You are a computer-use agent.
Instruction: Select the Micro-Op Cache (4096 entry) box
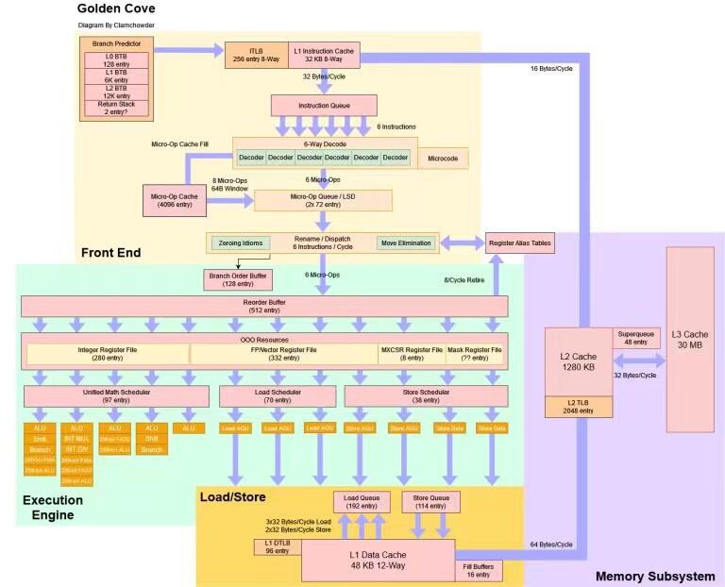click(x=171, y=200)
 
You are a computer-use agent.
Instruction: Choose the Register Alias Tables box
click(x=518, y=243)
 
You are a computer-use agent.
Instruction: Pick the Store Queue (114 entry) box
click(x=430, y=501)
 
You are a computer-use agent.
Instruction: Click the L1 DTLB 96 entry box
click(x=277, y=546)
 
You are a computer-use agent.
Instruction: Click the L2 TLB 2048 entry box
click(x=577, y=407)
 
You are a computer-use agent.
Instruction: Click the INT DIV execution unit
click(x=76, y=449)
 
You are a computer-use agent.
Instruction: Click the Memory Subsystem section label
click(x=654, y=576)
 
